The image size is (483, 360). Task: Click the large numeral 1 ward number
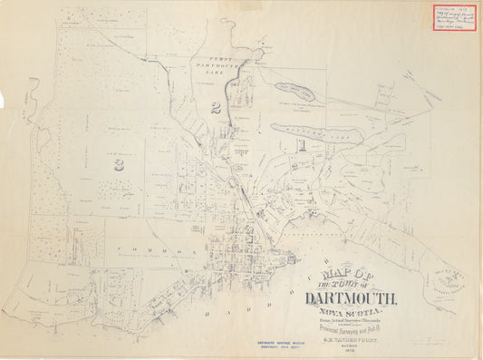point(304,142)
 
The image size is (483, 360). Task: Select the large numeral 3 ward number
point(119,164)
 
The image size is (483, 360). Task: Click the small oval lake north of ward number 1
point(295,92)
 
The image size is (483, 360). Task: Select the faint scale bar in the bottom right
point(430,341)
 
